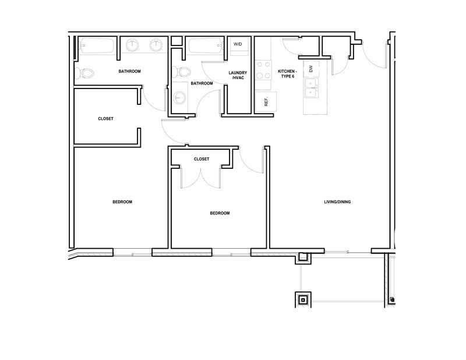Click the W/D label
(238, 44)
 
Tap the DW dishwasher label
(311, 69)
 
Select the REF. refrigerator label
(266, 102)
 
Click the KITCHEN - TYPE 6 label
(287, 74)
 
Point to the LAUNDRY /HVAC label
(238, 75)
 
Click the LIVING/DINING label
(337, 202)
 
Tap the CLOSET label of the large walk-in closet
(105, 119)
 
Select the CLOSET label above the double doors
(202, 159)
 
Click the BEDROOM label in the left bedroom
(122, 202)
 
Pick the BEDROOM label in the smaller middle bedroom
(220, 213)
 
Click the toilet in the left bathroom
(84, 73)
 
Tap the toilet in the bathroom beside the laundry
(181, 72)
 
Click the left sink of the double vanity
(132, 45)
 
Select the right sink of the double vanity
(156, 45)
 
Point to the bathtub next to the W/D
(205, 46)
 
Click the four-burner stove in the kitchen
(263, 70)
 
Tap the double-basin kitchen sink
(311, 89)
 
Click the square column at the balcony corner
(303, 299)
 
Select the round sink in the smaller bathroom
(179, 97)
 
